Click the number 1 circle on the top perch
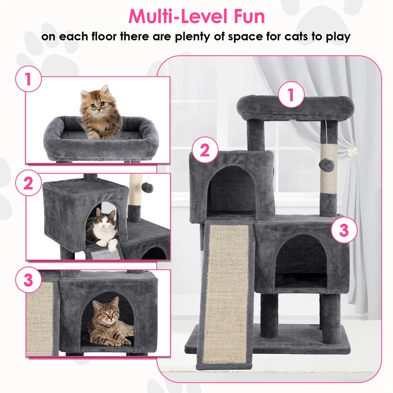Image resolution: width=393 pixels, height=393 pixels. coord(291,95)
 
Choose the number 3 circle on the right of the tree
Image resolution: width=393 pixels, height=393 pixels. coord(344,230)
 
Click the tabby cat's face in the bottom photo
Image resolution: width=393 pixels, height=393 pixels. coord(105,313)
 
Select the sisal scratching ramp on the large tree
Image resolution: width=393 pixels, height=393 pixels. coord(226,291)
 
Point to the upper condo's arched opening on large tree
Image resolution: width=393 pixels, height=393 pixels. coord(231,190)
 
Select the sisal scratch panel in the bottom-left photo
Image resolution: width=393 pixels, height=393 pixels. coord(40,317)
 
